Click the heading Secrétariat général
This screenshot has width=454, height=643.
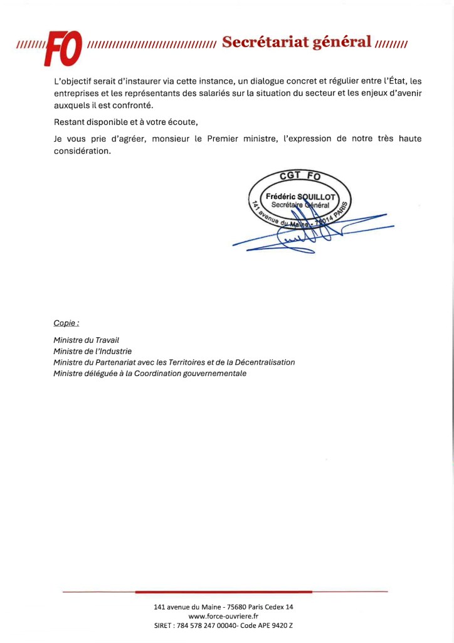(297, 42)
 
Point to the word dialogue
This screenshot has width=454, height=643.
(273, 82)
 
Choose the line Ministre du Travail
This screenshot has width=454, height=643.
(86, 340)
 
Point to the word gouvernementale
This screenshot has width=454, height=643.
(212, 374)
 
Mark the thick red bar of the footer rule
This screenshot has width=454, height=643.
(223, 592)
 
